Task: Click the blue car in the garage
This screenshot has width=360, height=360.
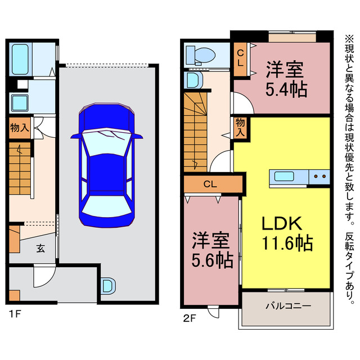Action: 106,163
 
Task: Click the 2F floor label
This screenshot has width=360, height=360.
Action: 189,318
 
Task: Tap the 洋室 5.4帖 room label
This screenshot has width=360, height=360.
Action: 286,79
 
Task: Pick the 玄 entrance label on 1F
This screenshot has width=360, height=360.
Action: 41,248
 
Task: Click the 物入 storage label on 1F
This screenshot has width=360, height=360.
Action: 20,128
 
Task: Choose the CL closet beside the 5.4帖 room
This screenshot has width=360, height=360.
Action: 240,58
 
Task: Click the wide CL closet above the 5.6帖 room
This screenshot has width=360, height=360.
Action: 210,184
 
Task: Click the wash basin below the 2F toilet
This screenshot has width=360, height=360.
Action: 192,80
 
